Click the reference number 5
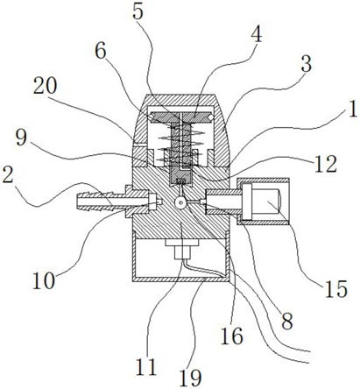coord(138,11)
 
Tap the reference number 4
coord(256,34)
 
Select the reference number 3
coord(306,64)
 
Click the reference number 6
coord(101,52)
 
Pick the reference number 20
coord(45,86)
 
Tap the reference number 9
coord(21,138)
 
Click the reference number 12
coord(326,164)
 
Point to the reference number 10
coord(44,280)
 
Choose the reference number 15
coord(335,289)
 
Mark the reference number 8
coord(286,322)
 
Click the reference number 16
coord(232,336)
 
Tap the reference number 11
coord(146,366)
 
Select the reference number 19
coord(190,378)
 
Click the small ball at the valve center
coord(180,202)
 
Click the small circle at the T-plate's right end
coord(208,117)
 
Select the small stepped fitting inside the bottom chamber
coord(181,249)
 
